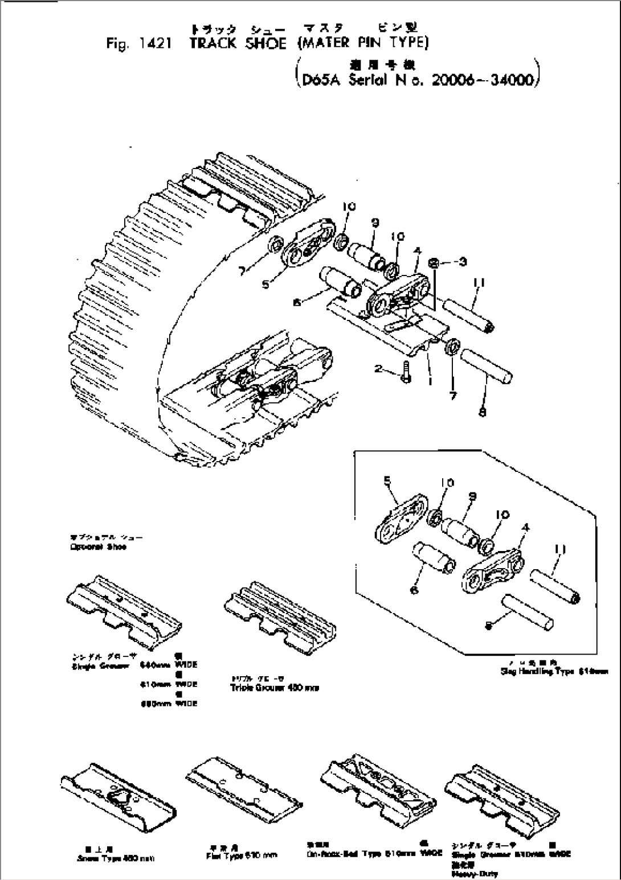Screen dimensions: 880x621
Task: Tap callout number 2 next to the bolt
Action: pos(378,369)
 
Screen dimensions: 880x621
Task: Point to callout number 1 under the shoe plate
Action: pos(430,381)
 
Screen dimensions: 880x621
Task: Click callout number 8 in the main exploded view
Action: pos(483,414)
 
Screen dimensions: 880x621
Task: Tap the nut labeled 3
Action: pos(434,263)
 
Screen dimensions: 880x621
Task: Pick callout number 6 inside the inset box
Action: pos(414,591)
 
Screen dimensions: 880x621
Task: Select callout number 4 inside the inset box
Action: pos(526,528)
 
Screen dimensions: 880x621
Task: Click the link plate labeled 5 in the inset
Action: pos(401,521)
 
